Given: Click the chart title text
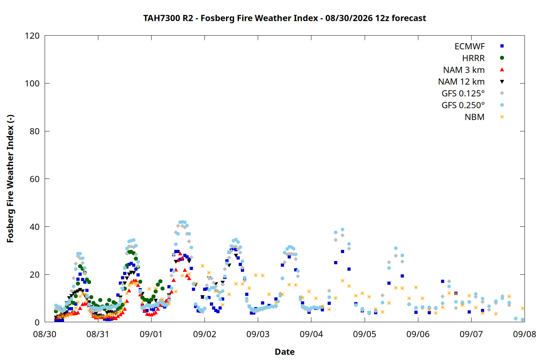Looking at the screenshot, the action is pyautogui.click(x=284, y=18).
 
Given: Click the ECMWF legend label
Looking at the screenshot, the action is pyautogui.click(x=469, y=46).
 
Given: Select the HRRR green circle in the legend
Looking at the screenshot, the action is pyautogui.click(x=502, y=58).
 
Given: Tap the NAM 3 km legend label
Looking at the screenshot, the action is pyautogui.click(x=464, y=70).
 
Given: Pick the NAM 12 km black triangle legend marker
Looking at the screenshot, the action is pyautogui.click(x=502, y=82).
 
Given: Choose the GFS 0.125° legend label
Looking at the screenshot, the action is pyautogui.click(x=463, y=93).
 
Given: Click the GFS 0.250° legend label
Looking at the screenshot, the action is pyautogui.click(x=463, y=105).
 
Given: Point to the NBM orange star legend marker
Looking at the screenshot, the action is pyautogui.click(x=502, y=117).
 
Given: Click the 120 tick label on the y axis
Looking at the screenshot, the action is pyautogui.click(x=32, y=36).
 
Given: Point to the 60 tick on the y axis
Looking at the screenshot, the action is pyautogui.click(x=35, y=179).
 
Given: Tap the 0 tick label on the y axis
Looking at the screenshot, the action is pyautogui.click(x=37, y=322).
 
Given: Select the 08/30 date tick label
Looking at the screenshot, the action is pyautogui.click(x=45, y=334).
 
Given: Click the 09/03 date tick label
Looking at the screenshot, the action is pyautogui.click(x=258, y=334).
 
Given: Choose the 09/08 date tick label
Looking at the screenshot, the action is pyautogui.click(x=525, y=334).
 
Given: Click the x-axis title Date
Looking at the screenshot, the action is pyautogui.click(x=285, y=352).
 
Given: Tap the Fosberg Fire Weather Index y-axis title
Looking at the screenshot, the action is pyautogui.click(x=10, y=179).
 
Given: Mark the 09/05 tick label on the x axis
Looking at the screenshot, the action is pyautogui.click(x=365, y=334).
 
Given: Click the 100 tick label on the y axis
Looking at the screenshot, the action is pyautogui.click(x=32, y=84).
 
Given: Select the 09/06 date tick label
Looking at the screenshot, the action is pyautogui.click(x=418, y=334).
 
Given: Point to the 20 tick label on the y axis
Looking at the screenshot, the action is pyautogui.click(x=35, y=274).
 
